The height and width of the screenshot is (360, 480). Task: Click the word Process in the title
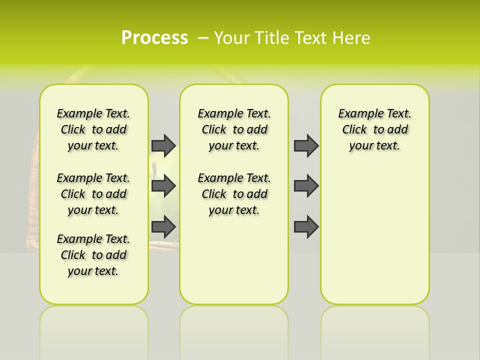(154, 38)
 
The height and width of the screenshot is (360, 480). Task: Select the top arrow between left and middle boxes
(163, 145)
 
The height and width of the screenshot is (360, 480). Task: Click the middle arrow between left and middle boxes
(163, 186)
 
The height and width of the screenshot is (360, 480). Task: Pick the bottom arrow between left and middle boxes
(163, 226)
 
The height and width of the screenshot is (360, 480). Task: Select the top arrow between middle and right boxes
(306, 145)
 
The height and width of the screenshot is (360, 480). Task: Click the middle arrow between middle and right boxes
(306, 186)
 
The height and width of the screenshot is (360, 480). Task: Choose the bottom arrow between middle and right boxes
(306, 226)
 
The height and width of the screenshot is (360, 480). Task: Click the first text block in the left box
(93, 129)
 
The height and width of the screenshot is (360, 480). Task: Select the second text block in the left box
(93, 194)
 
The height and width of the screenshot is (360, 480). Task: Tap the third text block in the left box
(93, 255)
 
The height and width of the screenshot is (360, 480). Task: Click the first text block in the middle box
(234, 129)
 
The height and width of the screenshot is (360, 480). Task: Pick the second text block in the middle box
(234, 194)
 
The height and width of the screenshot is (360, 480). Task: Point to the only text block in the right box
(375, 129)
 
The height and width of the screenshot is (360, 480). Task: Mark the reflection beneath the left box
(94, 330)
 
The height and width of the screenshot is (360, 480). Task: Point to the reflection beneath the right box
(375, 330)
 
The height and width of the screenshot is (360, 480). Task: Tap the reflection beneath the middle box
(234, 330)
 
